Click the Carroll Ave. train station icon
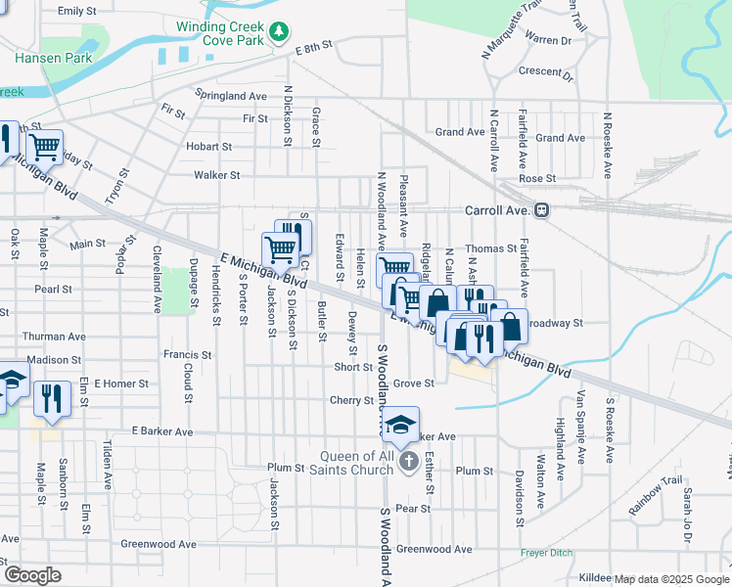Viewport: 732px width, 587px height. [x=541, y=209]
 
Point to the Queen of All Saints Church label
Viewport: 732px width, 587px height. [x=358, y=463]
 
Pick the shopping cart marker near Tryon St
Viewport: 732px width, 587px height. [x=44, y=148]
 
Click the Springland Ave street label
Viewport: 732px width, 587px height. [x=231, y=97]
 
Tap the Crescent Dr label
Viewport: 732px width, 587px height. [x=545, y=71]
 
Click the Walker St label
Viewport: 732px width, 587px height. [x=217, y=175]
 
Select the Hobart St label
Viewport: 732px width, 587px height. [x=208, y=147]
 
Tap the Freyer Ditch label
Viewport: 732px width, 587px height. [x=548, y=554]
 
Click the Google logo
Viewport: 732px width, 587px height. [x=32, y=575]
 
